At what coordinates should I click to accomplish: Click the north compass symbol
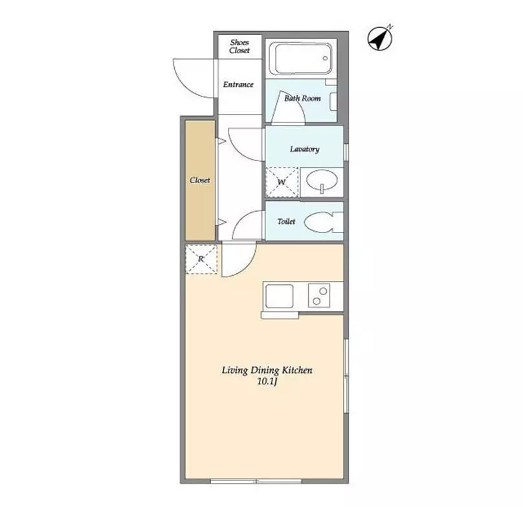(x=380, y=38)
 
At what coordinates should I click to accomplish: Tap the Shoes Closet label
(x=239, y=47)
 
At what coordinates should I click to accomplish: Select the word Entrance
(x=238, y=84)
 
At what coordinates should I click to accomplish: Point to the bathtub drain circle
(x=325, y=58)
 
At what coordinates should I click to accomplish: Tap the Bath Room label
(x=302, y=98)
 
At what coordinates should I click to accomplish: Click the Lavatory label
(x=304, y=149)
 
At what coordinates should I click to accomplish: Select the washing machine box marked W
(x=282, y=182)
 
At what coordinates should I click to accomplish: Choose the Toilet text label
(x=286, y=221)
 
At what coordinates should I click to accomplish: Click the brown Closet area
(x=200, y=180)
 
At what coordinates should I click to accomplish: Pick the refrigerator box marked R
(x=201, y=260)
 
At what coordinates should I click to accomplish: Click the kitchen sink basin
(x=279, y=297)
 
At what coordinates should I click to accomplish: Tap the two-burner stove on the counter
(x=319, y=295)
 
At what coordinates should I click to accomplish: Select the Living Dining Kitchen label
(x=267, y=370)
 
